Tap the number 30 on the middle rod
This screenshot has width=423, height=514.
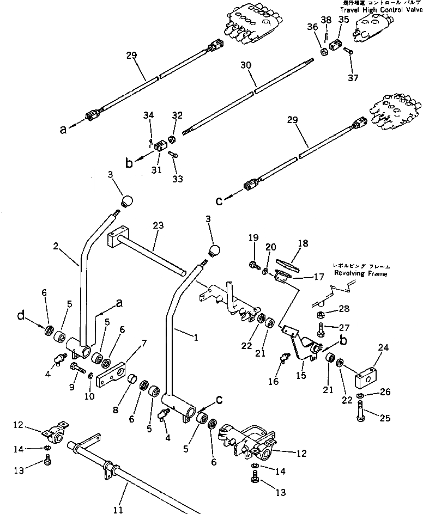click(x=245, y=64)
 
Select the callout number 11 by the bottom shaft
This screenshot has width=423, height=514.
click(x=118, y=510)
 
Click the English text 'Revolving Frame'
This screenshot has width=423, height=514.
click(x=362, y=274)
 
